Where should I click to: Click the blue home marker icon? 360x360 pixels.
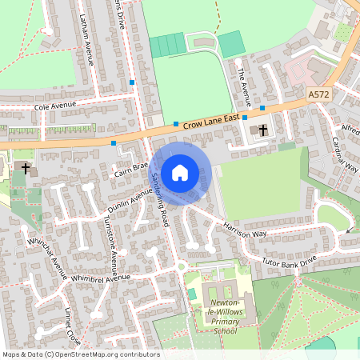point(180,172)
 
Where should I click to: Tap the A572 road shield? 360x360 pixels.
point(319,94)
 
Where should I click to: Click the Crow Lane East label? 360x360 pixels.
point(211,120)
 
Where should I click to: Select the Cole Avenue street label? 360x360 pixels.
point(59,106)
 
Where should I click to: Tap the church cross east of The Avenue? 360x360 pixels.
point(263,129)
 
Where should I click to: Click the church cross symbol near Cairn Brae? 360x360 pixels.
point(26,169)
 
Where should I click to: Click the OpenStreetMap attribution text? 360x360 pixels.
point(81,354)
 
